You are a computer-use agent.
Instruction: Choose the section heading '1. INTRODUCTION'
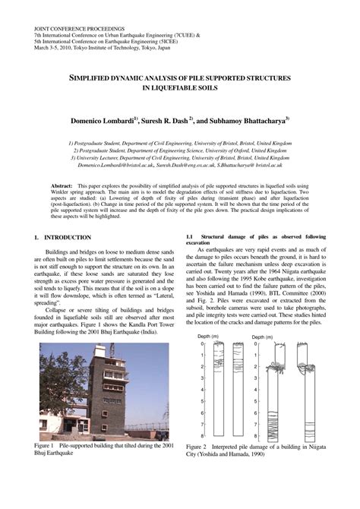63,237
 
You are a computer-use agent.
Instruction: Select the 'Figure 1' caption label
46,445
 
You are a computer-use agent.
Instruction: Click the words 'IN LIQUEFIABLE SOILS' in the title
179,88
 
